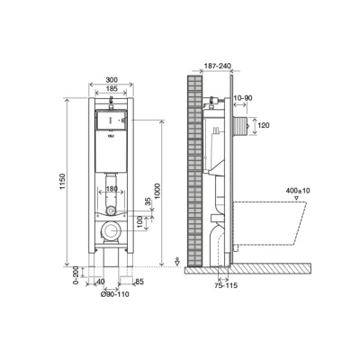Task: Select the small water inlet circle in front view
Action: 111,210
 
